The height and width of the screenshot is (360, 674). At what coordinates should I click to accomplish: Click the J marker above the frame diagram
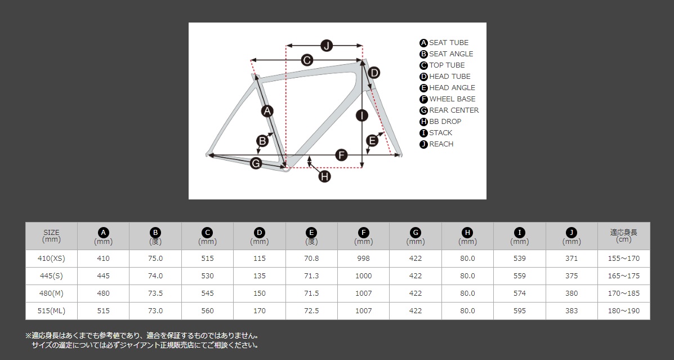pyautogui.click(x=327, y=45)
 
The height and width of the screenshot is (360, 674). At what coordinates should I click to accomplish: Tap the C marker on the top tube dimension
pyautogui.click(x=306, y=60)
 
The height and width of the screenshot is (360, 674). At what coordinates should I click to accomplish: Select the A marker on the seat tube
pyautogui.click(x=267, y=111)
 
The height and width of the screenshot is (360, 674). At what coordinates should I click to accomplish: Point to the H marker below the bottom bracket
pyautogui.click(x=324, y=176)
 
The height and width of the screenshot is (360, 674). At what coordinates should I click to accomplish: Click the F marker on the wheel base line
pyautogui.click(x=341, y=155)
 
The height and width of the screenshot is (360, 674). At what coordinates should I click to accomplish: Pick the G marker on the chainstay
pyautogui.click(x=256, y=163)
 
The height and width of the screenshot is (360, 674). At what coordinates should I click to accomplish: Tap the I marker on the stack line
pyautogui.click(x=363, y=115)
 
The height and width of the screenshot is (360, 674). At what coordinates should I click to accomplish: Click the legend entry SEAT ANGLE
pyautogui.click(x=446, y=54)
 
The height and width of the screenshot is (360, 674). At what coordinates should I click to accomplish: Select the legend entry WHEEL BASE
pyautogui.click(x=448, y=99)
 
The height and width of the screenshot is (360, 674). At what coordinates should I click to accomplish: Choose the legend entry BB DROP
pyautogui.click(x=440, y=122)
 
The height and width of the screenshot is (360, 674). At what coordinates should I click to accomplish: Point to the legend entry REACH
pyautogui.click(x=437, y=144)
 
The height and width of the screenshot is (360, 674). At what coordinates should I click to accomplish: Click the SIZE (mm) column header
pyautogui.click(x=52, y=236)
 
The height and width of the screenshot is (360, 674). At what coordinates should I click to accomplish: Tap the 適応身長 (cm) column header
pyautogui.click(x=624, y=236)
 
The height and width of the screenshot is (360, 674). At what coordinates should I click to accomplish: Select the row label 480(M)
pyautogui.click(x=52, y=294)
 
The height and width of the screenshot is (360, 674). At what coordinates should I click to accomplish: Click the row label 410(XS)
pyautogui.click(x=52, y=259)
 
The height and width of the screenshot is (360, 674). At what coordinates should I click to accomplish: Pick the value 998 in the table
pyautogui.click(x=363, y=259)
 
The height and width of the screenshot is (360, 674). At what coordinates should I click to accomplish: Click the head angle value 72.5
pyautogui.click(x=311, y=310)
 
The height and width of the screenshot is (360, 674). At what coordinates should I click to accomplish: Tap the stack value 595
pyautogui.click(x=519, y=310)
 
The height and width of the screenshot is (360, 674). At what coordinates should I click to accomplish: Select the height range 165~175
pyautogui.click(x=624, y=275)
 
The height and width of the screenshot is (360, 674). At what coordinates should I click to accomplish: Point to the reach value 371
pyautogui.click(x=572, y=259)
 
